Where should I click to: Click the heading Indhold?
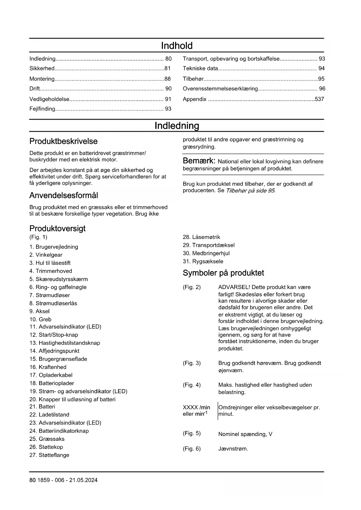[177, 46]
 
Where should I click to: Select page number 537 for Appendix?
[319, 99]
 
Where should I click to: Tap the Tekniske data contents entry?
[200, 69]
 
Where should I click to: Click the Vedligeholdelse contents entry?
[49, 99]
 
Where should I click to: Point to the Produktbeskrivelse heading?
[63, 141]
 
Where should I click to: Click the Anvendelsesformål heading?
[63, 195]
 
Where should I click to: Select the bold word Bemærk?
[199, 161]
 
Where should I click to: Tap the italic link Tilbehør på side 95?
[250, 191]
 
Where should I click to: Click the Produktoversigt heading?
[57, 229]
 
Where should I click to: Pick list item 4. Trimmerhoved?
[51, 271]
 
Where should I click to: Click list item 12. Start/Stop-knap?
[54, 335]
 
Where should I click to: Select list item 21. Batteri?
[42, 407]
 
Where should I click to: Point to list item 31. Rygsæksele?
[203, 261]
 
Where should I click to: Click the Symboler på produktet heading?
[223, 273]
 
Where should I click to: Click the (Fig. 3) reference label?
[191, 363]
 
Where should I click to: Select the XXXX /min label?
[196, 408]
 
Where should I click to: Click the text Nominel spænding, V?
[245, 434]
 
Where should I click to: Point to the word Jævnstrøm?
[233, 449]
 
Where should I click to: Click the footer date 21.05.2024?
[83, 480]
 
